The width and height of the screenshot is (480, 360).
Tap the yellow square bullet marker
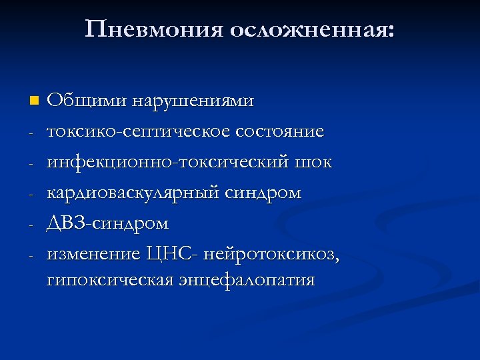point(35,101)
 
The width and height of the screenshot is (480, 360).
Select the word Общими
point(86,101)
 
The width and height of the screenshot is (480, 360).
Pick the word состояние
point(282,132)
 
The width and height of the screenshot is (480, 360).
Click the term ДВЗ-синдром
point(107,223)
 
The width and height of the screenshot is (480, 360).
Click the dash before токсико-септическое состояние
point(31,133)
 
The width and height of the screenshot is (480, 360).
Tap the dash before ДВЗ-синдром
point(31,224)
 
